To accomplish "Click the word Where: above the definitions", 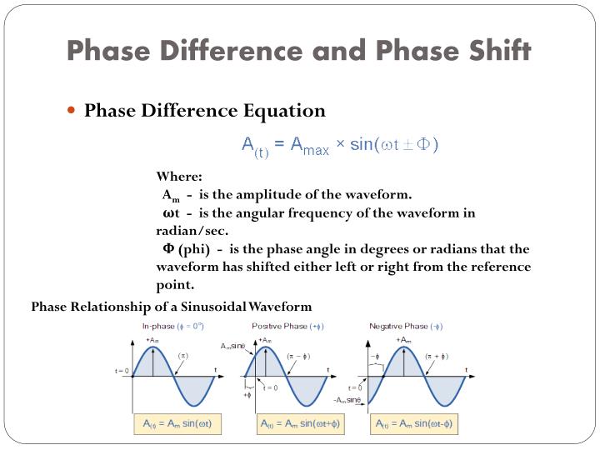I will [179, 177].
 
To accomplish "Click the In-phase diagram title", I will [173, 326].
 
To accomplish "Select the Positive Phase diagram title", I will [287, 326].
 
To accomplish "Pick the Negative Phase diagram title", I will [406, 326].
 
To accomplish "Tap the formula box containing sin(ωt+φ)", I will [300, 424].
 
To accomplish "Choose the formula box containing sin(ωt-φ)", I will [414, 424].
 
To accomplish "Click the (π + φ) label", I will [436, 356].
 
